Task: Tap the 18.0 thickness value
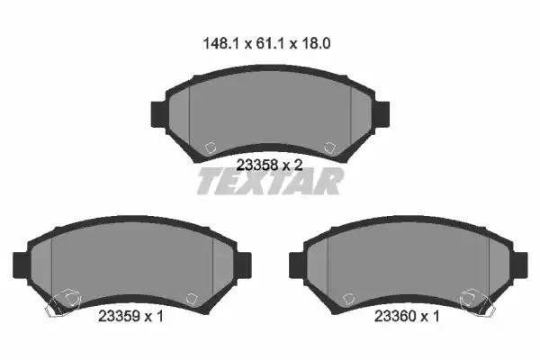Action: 316,44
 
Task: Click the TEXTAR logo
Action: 270,181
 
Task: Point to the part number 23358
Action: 257,166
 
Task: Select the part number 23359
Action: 119,316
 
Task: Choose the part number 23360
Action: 395,316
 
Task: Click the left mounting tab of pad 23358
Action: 158,114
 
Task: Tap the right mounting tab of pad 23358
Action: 382,114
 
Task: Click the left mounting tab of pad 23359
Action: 21,265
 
